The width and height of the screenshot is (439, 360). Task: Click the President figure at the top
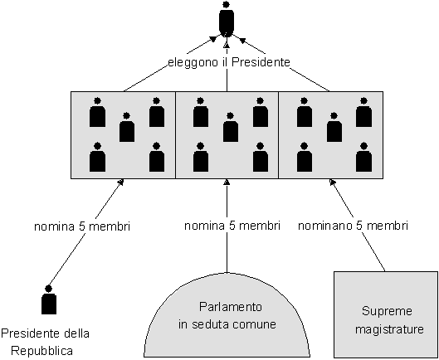[x=227, y=20]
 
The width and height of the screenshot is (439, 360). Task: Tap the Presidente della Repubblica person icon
[x=49, y=299]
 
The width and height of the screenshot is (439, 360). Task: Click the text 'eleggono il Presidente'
[x=229, y=62]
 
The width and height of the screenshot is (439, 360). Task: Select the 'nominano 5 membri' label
[x=353, y=226]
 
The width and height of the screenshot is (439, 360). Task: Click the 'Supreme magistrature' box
[x=386, y=314]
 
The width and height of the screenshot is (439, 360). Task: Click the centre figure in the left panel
[x=127, y=127]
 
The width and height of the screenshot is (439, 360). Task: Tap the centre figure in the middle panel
[x=231, y=127]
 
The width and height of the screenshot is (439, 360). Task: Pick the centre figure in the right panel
[x=334, y=127]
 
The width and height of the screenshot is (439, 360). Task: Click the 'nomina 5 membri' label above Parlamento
[x=232, y=226]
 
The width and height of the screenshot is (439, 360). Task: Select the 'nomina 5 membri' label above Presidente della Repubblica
[x=82, y=226]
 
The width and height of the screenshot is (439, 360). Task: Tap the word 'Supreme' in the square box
[x=387, y=311]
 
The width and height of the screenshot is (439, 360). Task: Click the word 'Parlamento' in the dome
[x=231, y=307]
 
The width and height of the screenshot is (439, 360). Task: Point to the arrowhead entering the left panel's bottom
[x=120, y=182]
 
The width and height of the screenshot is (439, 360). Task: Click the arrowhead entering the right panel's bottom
[x=332, y=182]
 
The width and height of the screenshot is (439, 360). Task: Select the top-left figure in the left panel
[x=97, y=112]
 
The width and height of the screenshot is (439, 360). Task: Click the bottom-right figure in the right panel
[x=364, y=157]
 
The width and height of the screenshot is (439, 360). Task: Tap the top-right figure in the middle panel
[x=261, y=112]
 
